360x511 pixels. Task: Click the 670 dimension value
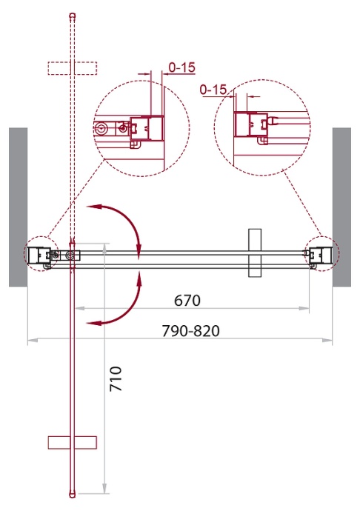[x=187, y=301]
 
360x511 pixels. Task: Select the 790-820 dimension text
[x=191, y=331]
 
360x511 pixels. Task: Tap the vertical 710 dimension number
[x=116, y=378]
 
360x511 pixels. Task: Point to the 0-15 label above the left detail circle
[x=182, y=67]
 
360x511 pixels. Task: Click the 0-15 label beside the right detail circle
[x=213, y=90]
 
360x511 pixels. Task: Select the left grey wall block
[x=18, y=207]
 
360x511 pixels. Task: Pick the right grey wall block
[x=341, y=207]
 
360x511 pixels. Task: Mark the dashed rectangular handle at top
[x=73, y=68]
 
